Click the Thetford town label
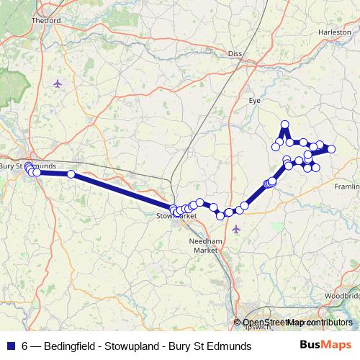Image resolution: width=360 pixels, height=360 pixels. click(x=45, y=21)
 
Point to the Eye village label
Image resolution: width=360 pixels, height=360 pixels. click(x=253, y=101)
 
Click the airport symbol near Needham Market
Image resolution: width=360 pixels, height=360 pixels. click(x=237, y=229)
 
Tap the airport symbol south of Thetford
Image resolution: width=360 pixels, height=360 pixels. click(x=58, y=84)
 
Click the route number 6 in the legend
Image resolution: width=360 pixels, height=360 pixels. click(x=25, y=346)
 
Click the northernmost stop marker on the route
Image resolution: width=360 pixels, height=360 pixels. click(x=285, y=125)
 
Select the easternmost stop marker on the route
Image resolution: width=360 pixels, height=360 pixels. click(x=331, y=149)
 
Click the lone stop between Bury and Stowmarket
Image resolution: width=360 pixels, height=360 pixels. click(x=71, y=174)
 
